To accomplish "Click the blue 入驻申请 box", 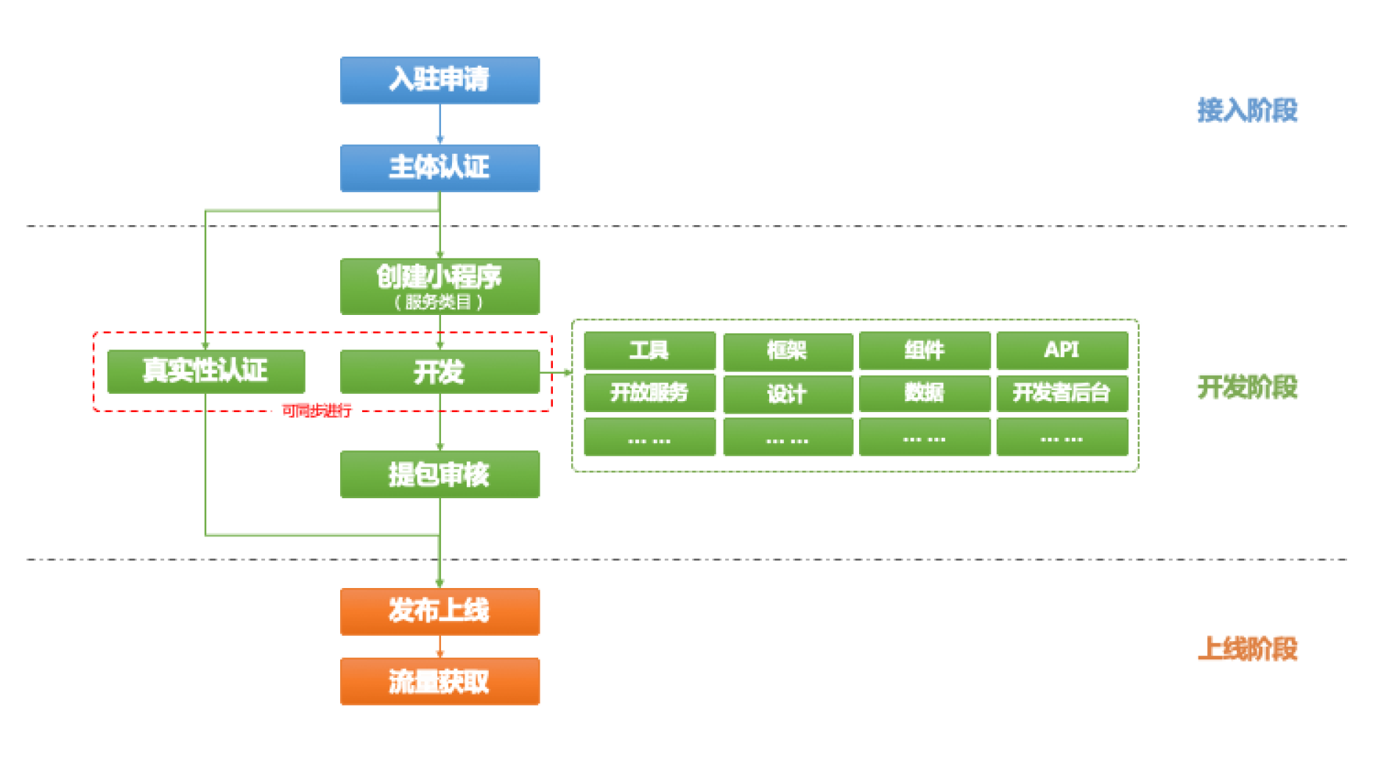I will pyautogui.click(x=439, y=80).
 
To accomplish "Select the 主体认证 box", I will pyautogui.click(x=439, y=168).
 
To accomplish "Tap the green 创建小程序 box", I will pyautogui.click(x=439, y=286).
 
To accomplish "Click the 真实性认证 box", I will pyautogui.click(x=205, y=371).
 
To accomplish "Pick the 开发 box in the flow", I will pyautogui.click(x=439, y=372).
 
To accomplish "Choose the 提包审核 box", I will pyautogui.click(x=439, y=475).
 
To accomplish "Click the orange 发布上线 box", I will pyautogui.click(x=439, y=611).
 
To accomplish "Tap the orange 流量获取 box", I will pyautogui.click(x=439, y=681).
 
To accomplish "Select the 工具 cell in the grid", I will pyautogui.click(x=649, y=350).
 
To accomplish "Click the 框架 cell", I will pyautogui.click(x=787, y=351).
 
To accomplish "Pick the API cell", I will pyautogui.click(x=1062, y=350).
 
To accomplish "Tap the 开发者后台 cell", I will pyautogui.click(x=1062, y=393).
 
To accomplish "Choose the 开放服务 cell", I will pyautogui.click(x=649, y=393).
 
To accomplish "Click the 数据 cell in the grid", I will pyautogui.click(x=924, y=393).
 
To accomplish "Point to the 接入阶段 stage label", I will pyautogui.click(x=1247, y=110).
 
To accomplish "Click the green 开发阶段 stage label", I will pyautogui.click(x=1247, y=387).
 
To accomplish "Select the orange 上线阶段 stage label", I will pyautogui.click(x=1247, y=649).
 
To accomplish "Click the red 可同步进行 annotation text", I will pyautogui.click(x=317, y=411).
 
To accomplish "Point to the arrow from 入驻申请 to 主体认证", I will pyautogui.click(x=440, y=124).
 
